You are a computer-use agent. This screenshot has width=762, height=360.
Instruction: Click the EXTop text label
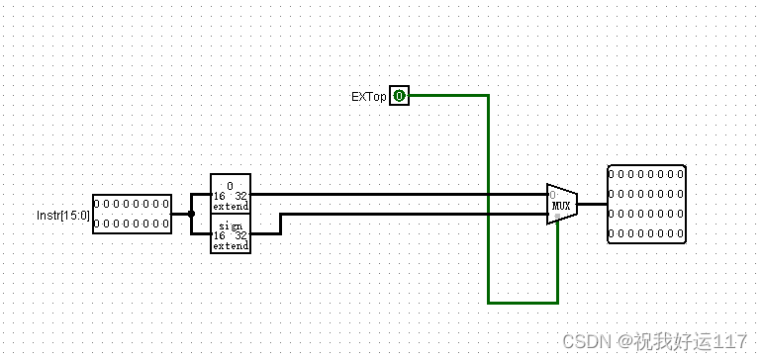[368, 97]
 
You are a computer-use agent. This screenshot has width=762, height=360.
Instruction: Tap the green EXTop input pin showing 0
[399, 96]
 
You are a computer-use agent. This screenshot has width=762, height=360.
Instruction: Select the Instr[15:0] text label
[62, 214]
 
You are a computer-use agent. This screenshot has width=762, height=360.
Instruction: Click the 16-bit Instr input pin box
[132, 214]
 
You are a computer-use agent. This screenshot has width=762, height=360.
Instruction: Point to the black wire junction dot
[191, 214]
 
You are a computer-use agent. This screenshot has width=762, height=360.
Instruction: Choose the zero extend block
[230, 194]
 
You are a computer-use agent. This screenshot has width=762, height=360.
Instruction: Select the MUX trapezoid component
[561, 204]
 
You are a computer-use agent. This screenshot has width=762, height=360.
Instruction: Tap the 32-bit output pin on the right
[645, 204]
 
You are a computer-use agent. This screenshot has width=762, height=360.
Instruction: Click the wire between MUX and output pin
[592, 204]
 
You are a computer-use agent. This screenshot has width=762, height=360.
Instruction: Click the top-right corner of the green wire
[488, 96]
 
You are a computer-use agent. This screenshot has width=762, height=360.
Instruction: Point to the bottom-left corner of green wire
[488, 302]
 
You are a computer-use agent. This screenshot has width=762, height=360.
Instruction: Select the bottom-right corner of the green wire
[557, 302]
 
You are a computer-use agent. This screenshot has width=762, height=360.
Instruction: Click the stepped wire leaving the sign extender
[280, 224]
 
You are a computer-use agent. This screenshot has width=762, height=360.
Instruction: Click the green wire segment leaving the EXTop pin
[445, 96]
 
